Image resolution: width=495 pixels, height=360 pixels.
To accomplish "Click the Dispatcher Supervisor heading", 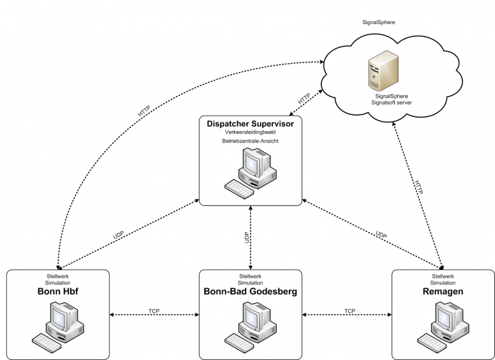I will point(250,124).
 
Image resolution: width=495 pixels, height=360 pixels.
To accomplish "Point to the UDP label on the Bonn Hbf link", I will point(118,235).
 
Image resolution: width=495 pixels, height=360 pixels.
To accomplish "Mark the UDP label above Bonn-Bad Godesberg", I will point(246,238).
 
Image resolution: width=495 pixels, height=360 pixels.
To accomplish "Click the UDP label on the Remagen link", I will point(381,235).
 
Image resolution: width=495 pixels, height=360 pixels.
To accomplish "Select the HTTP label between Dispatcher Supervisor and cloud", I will point(304,99).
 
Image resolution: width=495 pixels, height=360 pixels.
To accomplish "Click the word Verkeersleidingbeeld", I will point(250,132).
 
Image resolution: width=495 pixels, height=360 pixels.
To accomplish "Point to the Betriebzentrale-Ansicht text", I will point(250,142).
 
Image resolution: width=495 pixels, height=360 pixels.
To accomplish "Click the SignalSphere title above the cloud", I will point(379,22).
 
